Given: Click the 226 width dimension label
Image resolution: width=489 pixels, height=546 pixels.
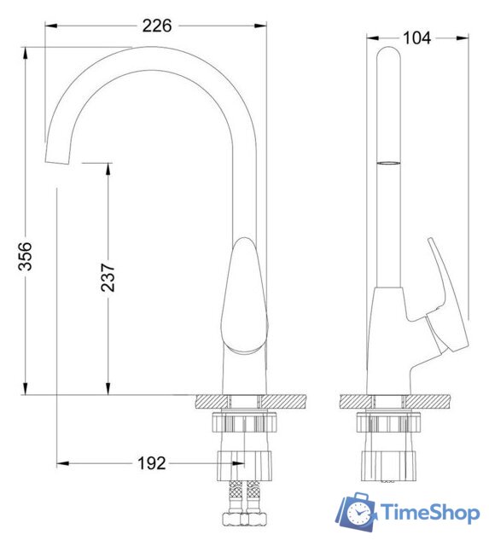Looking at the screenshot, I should (x=157, y=26).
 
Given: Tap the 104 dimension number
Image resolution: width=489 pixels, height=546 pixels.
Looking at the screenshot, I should (x=417, y=37).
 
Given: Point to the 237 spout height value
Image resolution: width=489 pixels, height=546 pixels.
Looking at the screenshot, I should (x=108, y=276).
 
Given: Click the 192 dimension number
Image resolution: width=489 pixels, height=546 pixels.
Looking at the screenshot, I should (x=151, y=463).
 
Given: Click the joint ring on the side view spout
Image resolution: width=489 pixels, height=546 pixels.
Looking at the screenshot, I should (x=387, y=160).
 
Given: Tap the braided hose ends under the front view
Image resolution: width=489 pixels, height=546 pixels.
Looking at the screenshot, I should (x=243, y=503).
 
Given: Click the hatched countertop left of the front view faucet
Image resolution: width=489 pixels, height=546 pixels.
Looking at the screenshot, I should (x=210, y=401).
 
